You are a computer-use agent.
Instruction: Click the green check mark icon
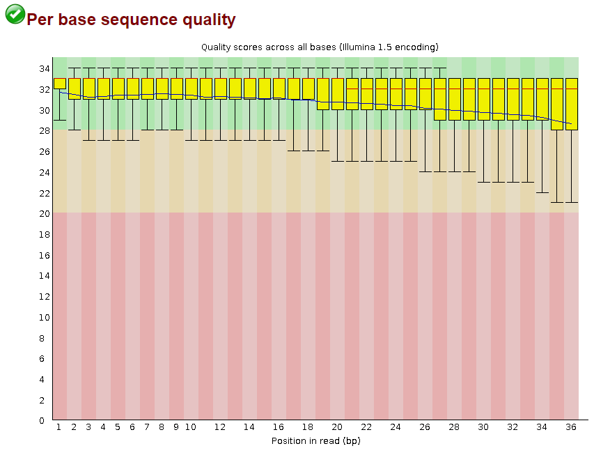tap(15, 14)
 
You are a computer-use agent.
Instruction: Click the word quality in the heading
tap(205, 20)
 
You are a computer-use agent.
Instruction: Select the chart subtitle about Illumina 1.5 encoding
tap(320, 47)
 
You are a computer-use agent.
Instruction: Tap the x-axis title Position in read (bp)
tap(315, 440)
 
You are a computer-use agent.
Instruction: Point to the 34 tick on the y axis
tap(44, 68)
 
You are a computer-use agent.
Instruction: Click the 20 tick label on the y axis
tap(44, 213)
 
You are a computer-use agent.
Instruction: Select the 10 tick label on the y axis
tap(44, 317)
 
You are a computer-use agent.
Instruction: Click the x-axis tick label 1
tap(59, 427)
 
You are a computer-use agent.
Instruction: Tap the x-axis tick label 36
tap(571, 427)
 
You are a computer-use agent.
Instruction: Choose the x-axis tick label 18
tap(308, 427)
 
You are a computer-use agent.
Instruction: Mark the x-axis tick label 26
tap(425, 427)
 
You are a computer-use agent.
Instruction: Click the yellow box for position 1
tap(60, 84)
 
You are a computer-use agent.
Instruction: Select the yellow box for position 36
tap(571, 104)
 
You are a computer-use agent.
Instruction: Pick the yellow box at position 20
tap(337, 94)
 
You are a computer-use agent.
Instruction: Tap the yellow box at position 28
tap(454, 99)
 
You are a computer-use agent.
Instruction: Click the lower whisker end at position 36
tap(571, 202)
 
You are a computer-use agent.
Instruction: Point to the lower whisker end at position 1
tap(60, 120)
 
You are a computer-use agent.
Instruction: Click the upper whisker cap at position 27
tap(439, 68)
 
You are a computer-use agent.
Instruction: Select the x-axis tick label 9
tap(176, 427)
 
